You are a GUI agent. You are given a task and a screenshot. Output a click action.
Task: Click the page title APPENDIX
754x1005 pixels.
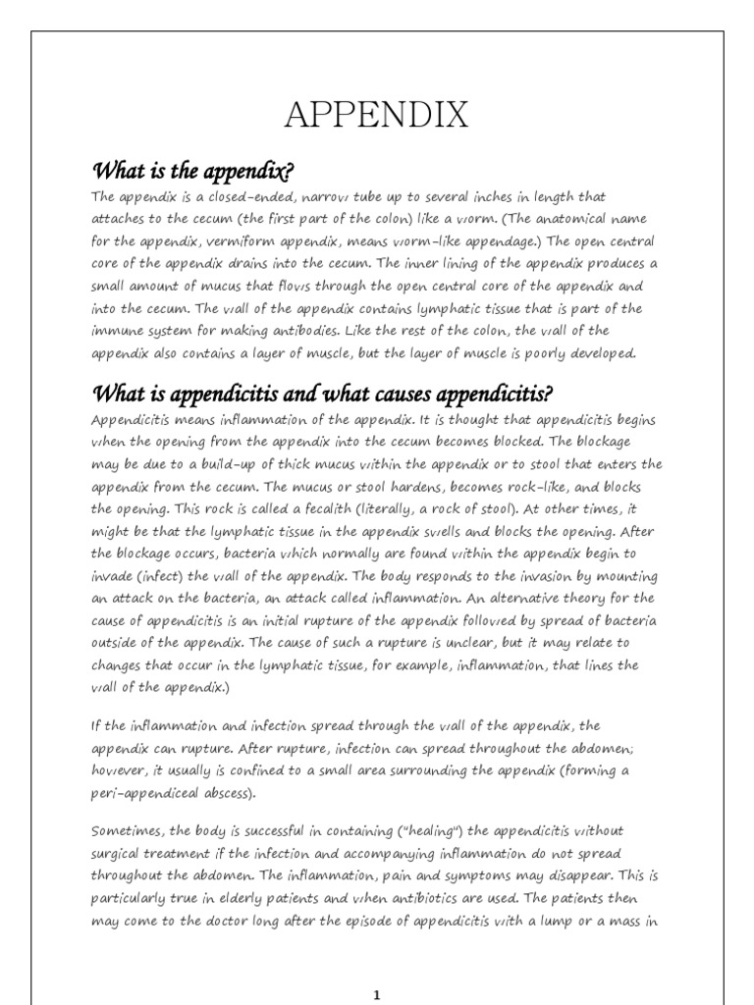click(x=376, y=116)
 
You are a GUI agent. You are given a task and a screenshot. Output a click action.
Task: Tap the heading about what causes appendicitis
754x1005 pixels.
click(x=323, y=395)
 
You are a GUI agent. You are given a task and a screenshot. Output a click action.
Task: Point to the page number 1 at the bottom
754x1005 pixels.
click(x=377, y=995)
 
